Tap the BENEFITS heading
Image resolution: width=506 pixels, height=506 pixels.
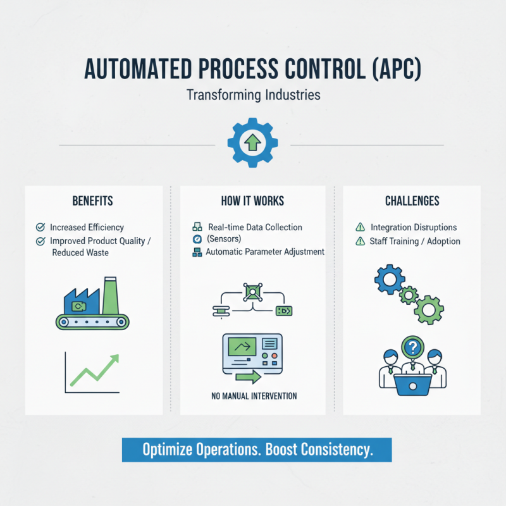pos(92,201)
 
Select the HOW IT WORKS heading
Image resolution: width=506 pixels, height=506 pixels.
pos(252,201)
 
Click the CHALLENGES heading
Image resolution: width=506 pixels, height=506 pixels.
pos(412,201)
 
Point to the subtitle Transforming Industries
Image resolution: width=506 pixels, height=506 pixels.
pos(253,96)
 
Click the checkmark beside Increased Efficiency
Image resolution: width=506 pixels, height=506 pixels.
pos(40,227)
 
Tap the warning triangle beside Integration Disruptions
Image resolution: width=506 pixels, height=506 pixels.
pos(361,227)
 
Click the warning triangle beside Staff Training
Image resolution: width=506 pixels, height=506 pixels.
pos(361,241)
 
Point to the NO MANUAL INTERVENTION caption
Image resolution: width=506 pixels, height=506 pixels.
pos(254,397)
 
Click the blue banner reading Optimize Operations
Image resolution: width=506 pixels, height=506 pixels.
pos(257,450)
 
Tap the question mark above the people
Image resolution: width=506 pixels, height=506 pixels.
pos(412,347)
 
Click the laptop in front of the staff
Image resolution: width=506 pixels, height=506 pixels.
pos(412,382)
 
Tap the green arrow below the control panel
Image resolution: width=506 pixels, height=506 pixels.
pos(248,378)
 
